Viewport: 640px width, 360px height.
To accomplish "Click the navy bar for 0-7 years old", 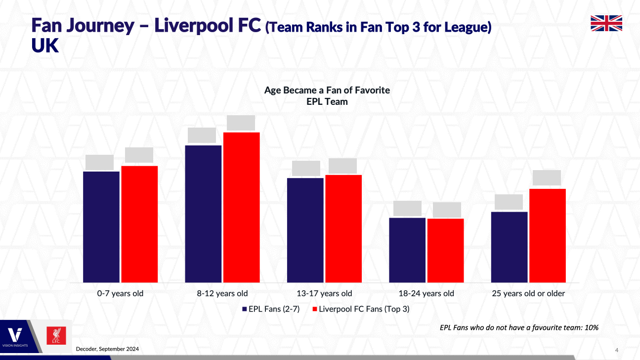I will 101,226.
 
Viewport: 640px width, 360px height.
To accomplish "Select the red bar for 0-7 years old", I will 139,224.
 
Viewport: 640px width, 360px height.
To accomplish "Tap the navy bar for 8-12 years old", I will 203,214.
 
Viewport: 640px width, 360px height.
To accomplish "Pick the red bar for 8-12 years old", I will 241,207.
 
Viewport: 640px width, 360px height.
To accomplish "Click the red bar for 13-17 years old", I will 343,228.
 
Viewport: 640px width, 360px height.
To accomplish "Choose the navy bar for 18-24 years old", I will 407,250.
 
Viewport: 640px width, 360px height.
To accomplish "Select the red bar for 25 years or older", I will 548,235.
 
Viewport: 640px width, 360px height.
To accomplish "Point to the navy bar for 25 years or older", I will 509,247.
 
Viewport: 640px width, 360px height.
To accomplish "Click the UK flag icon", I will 606,23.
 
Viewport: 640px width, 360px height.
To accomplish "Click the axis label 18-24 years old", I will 426,293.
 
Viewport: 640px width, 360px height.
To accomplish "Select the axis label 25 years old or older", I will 528,293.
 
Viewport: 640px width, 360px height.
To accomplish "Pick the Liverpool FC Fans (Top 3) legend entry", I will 361,309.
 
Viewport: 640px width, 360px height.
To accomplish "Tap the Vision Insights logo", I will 16,337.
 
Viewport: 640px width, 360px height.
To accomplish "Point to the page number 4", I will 616,350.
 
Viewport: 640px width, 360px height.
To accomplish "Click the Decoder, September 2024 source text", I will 107,349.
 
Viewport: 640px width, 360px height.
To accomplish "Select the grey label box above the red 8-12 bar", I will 241,123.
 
